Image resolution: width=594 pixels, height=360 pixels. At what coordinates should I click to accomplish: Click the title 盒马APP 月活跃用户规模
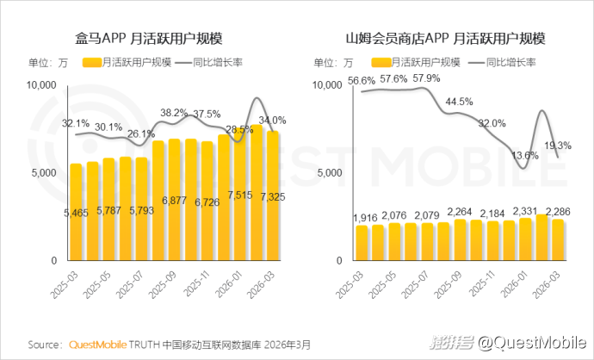(x=148, y=39)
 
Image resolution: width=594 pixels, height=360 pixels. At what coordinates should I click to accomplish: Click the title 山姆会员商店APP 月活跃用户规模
(x=445, y=39)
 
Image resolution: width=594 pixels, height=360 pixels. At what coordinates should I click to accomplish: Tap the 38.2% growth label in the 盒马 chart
(x=174, y=113)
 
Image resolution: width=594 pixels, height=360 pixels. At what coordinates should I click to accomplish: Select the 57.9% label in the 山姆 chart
(x=426, y=78)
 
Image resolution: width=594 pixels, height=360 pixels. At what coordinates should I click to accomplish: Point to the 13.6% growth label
(x=524, y=155)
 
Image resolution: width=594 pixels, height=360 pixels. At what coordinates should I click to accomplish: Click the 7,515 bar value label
(x=240, y=196)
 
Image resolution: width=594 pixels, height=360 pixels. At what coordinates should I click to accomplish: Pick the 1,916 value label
(x=365, y=218)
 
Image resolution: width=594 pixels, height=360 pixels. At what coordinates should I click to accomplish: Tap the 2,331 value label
(x=525, y=211)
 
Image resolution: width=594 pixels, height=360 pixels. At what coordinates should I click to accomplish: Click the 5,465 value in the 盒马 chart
(x=76, y=214)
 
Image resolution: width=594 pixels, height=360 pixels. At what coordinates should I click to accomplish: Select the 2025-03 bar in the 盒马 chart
(x=76, y=212)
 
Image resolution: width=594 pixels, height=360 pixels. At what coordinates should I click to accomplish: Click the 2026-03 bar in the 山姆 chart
(x=558, y=239)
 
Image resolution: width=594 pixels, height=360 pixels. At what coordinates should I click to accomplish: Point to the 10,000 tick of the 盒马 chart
(x=41, y=85)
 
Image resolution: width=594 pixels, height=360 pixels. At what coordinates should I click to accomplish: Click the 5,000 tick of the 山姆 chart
(x=330, y=173)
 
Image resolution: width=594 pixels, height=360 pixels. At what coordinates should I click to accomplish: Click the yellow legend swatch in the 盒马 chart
(x=92, y=63)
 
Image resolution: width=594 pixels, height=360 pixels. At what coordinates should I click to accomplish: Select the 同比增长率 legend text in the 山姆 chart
(x=511, y=63)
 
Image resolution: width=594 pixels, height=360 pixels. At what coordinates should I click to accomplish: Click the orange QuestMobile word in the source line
(x=98, y=344)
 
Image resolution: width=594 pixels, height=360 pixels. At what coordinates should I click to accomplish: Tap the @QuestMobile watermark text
(x=532, y=343)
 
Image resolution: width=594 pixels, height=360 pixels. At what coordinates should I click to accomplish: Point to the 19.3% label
(x=558, y=146)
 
